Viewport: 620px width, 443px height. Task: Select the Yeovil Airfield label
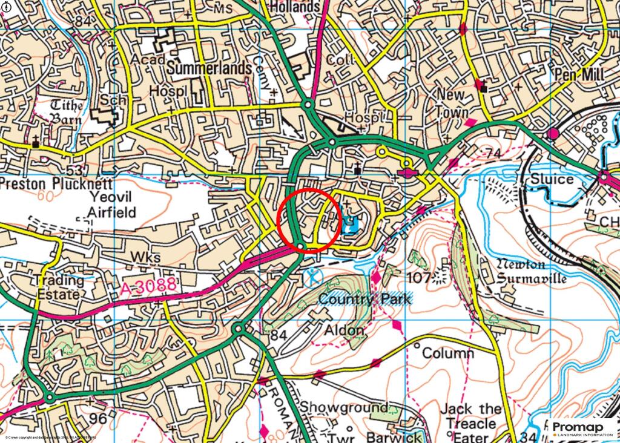(x=112, y=204)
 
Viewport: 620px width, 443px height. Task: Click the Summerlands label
(x=209, y=68)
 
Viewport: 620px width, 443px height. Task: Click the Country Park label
(x=364, y=299)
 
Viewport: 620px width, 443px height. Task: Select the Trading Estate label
(x=59, y=287)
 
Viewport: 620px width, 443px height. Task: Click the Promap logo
(x=582, y=429)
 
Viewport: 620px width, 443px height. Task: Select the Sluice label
(x=552, y=179)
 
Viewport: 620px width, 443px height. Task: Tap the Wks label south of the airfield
(x=146, y=258)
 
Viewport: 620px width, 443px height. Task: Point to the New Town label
(x=452, y=103)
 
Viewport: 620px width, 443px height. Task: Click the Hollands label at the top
(x=294, y=7)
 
